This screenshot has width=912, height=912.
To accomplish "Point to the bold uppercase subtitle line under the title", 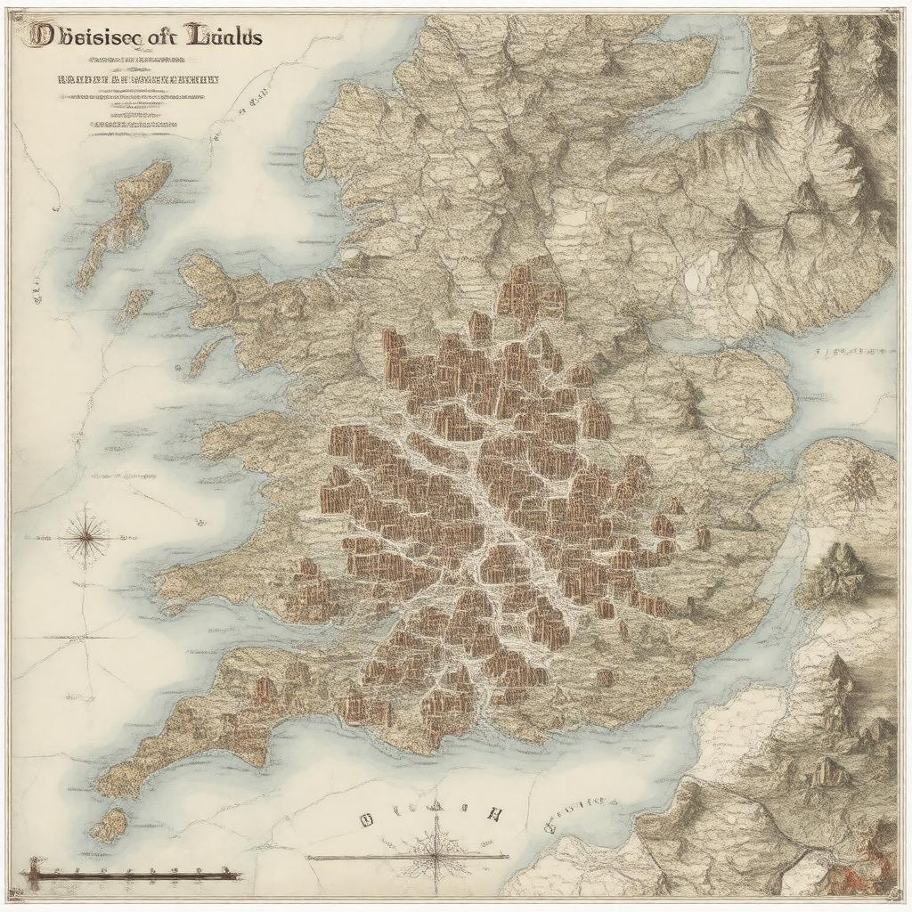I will click(x=138, y=78).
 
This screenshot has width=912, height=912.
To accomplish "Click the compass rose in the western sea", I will click(x=86, y=536).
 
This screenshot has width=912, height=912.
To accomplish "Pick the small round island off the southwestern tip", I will click(x=110, y=825).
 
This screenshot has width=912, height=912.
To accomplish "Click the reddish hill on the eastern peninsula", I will click(x=858, y=481).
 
